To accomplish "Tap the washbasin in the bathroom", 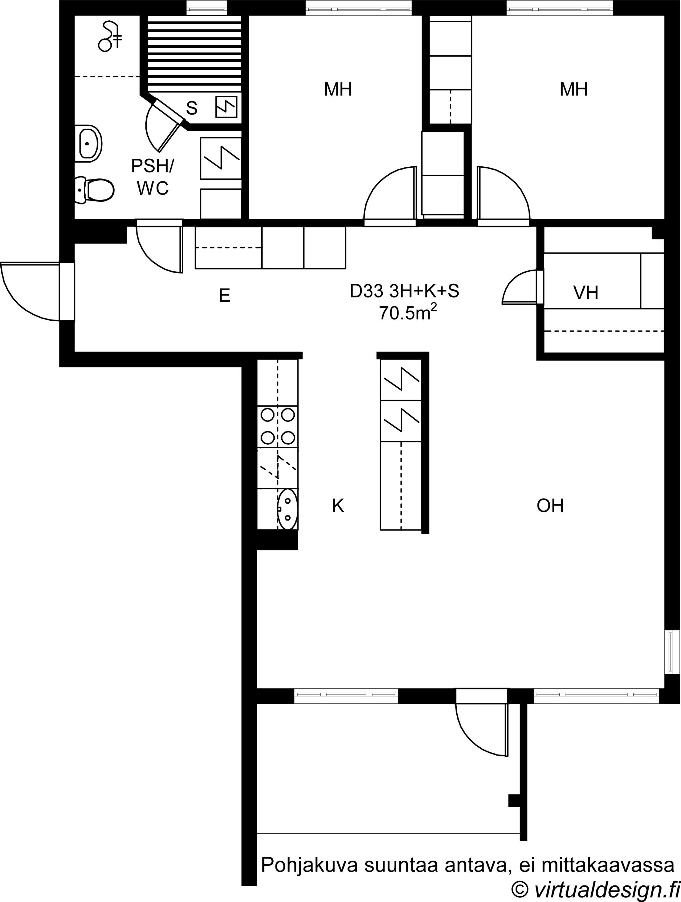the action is [x=88, y=143].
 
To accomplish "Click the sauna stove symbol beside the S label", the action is [x=226, y=107].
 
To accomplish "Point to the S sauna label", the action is [x=192, y=108].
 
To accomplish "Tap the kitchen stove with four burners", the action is [x=278, y=427].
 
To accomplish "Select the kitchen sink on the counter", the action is [x=287, y=509].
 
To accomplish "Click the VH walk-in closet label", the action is [x=586, y=292].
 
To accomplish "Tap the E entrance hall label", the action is [x=225, y=295].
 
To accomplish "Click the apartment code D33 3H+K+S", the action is [x=404, y=291].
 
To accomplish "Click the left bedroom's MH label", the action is [x=338, y=89].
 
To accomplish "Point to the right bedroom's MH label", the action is [x=573, y=89].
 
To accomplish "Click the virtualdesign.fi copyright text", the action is [x=595, y=890].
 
